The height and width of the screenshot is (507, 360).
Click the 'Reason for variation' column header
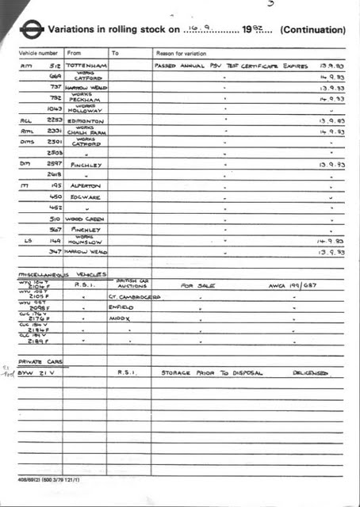(184, 53)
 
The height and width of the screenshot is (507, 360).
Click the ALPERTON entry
(86, 185)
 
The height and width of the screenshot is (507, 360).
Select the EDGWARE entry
(86, 196)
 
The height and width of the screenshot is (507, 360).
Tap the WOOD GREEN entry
(86, 218)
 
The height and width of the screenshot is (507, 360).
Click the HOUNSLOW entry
(86, 242)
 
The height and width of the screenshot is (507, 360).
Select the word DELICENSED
(310, 372)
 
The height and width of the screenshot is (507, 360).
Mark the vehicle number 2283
(52, 121)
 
